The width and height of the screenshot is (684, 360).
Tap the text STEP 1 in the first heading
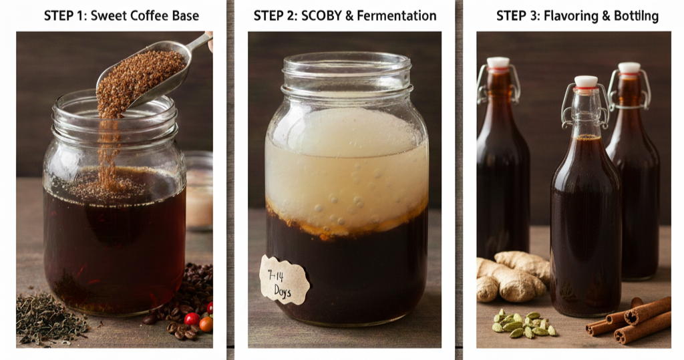click(x=64, y=15)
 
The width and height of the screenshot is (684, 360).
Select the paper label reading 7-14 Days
click(x=285, y=280)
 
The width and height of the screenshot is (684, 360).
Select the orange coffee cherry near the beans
click(x=206, y=324)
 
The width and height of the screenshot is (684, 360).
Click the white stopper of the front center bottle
click(x=586, y=81)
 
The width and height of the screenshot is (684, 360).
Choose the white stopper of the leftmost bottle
click(x=498, y=63)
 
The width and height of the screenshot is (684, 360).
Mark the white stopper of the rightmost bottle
click(x=629, y=67)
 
